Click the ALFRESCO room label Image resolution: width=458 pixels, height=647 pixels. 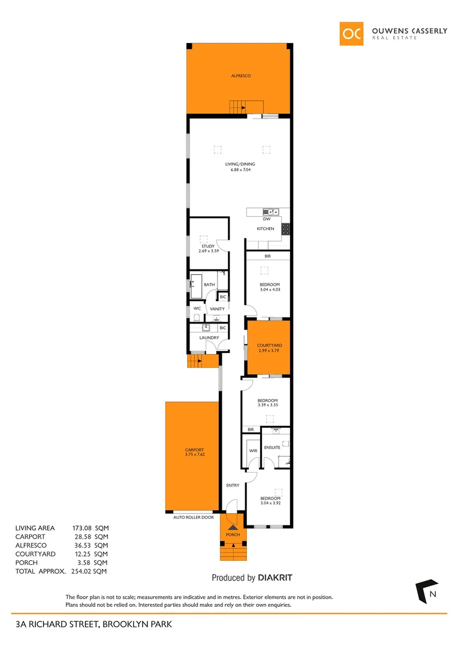(x=240, y=76)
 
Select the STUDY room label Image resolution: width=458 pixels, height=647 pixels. (x=207, y=246)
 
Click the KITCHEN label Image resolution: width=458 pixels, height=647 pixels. (x=266, y=229)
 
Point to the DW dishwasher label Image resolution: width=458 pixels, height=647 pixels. (x=267, y=219)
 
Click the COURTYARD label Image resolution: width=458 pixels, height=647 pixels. (x=269, y=346)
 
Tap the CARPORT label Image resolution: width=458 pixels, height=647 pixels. (x=194, y=450)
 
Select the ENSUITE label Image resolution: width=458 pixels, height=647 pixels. (x=272, y=448)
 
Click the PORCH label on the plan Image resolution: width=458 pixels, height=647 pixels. (x=232, y=534)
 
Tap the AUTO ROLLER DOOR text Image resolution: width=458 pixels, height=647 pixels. (x=193, y=517)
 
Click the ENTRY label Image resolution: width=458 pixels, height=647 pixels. (x=233, y=485)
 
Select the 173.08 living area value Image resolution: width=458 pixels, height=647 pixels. (x=83, y=528)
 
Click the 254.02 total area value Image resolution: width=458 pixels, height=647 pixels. (x=83, y=572)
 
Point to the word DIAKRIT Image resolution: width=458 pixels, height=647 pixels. (x=275, y=578)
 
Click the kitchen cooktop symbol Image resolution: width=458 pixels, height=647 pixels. (x=287, y=228)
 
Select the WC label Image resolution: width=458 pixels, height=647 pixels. (x=197, y=309)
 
